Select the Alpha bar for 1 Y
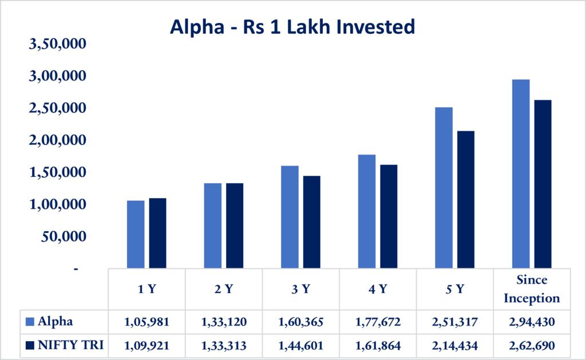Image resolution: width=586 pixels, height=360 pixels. coord(136,234)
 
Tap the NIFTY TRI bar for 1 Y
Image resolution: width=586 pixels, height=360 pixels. coord(157,233)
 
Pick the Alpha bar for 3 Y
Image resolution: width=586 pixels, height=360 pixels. coord(290,217)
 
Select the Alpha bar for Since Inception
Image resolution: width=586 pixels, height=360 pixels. coord(521,174)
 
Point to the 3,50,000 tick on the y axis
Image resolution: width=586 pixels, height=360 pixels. coord(57,44)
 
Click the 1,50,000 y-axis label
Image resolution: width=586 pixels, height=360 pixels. coord(57,172)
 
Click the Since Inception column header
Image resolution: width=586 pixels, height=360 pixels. coord(532,289)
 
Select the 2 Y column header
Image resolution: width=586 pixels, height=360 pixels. coord(224,289)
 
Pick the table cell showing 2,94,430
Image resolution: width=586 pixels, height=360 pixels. coord(532,322)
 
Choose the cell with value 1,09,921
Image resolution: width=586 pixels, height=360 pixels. coord(146,346)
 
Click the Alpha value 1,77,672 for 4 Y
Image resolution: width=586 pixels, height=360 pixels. coord(378,322)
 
